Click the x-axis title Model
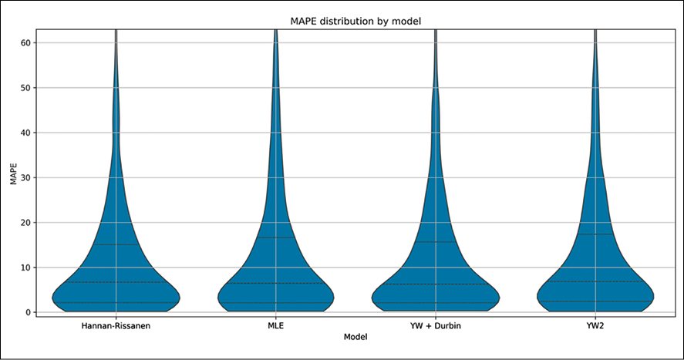pos(355,337)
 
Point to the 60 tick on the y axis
pos(25,42)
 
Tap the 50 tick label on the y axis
pos(25,88)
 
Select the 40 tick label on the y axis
pos(25,133)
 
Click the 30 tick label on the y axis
pos(25,177)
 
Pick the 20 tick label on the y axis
pos(25,223)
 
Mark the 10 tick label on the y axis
pos(25,267)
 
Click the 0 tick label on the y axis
pos(28,312)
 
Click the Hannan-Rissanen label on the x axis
pos(116,326)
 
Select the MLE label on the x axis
pos(276,326)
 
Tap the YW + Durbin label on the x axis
pos(436,326)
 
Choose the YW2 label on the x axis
pos(595,326)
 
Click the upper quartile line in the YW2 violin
pos(595,234)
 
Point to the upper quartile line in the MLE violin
pos(276,237)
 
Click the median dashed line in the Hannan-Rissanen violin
pos(116,282)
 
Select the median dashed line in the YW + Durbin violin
pos(436,284)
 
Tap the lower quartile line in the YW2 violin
pos(595,301)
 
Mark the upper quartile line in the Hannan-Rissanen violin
pos(116,244)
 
